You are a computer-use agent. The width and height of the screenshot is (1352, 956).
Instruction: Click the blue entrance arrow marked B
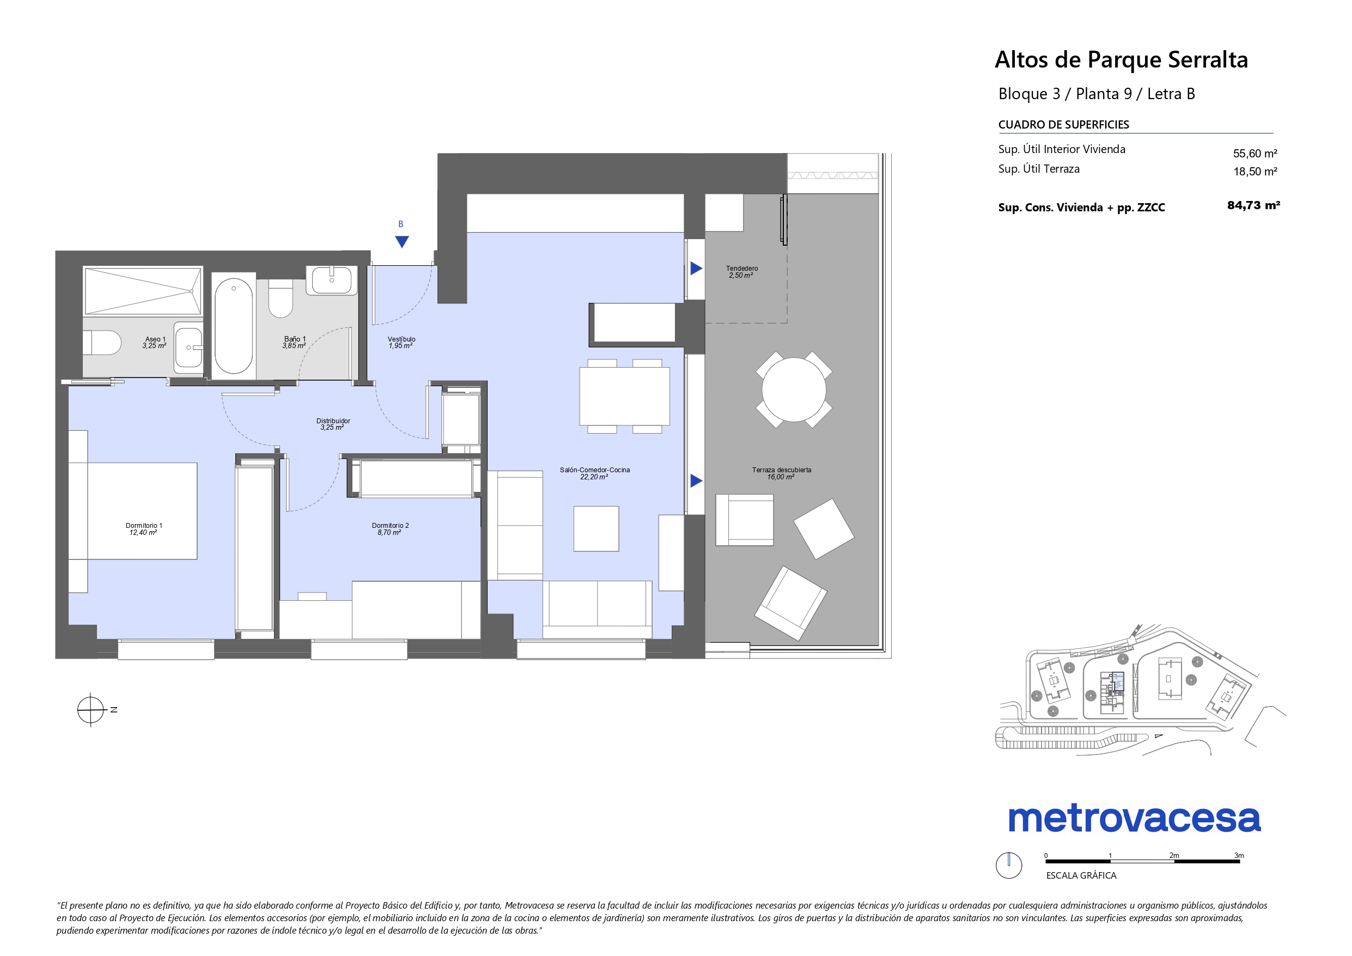pyautogui.click(x=401, y=241)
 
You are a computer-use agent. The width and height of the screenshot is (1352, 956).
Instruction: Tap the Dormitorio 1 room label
pyautogui.click(x=144, y=529)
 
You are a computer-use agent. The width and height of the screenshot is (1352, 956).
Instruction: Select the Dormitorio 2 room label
pyautogui.click(x=390, y=529)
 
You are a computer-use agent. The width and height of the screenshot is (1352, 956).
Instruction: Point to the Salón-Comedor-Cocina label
pyautogui.click(x=595, y=473)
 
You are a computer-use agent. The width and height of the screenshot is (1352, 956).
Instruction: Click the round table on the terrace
pyautogui.click(x=794, y=389)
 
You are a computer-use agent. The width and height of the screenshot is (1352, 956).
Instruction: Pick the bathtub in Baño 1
pyautogui.click(x=233, y=326)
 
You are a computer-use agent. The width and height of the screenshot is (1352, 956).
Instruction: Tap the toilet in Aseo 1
pyautogui.click(x=102, y=343)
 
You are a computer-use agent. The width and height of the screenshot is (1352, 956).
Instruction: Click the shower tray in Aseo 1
pyautogui.click(x=143, y=291)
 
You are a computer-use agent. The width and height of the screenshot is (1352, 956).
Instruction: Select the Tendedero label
pyautogui.click(x=742, y=271)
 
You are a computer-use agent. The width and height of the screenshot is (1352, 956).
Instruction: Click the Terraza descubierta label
pyautogui.click(x=782, y=473)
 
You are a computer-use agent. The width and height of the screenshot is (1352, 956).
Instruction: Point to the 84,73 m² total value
pyautogui.click(x=1253, y=205)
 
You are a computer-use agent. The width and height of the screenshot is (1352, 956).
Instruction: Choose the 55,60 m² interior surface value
pyautogui.click(x=1256, y=154)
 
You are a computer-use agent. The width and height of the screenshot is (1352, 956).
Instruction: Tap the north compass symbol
pyautogui.click(x=90, y=710)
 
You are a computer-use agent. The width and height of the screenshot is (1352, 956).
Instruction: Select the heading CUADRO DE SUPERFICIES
pyautogui.click(x=1063, y=125)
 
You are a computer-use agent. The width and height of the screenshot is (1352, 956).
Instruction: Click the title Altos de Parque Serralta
pyautogui.click(x=1121, y=60)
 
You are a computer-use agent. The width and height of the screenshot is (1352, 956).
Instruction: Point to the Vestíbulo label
pyautogui.click(x=401, y=342)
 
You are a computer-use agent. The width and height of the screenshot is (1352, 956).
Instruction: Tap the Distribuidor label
pyautogui.click(x=333, y=424)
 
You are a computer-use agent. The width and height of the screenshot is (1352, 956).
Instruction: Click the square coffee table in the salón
pyautogui.click(x=596, y=529)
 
